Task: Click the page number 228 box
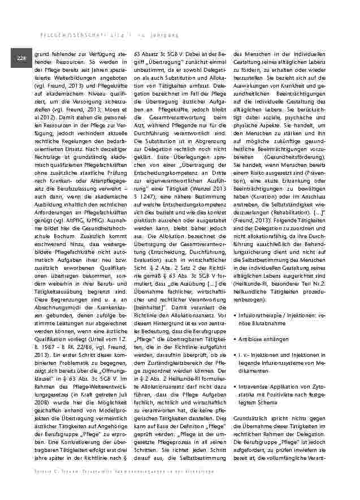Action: point(21,58)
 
